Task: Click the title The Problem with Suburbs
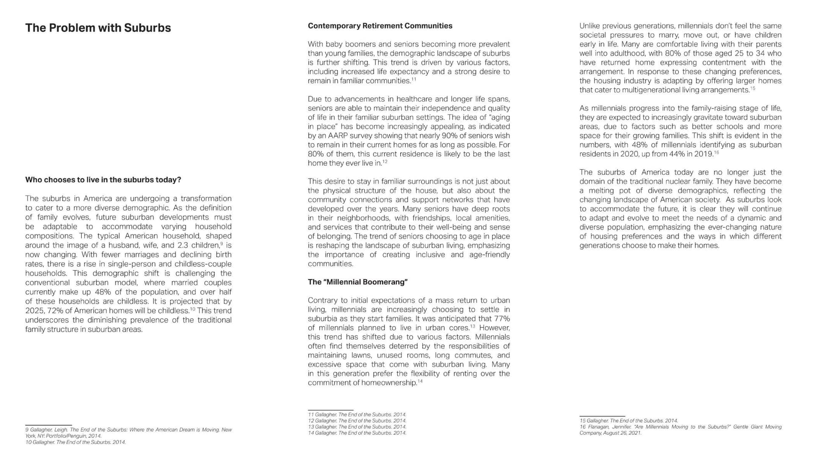click(x=98, y=28)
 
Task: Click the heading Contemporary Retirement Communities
click(x=380, y=26)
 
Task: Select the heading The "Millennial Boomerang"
click(x=357, y=282)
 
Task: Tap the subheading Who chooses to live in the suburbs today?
click(x=103, y=180)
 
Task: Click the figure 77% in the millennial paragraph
click(x=502, y=318)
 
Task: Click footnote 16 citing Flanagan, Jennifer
click(x=680, y=430)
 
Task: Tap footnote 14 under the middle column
click(x=357, y=433)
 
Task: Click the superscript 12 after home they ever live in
click(x=385, y=162)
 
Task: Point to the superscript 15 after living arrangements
click(x=753, y=88)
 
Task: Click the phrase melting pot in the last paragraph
click(x=616, y=190)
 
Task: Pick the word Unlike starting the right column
click(x=590, y=26)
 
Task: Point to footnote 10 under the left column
click(x=75, y=442)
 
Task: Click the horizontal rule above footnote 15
click(x=602, y=416)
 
